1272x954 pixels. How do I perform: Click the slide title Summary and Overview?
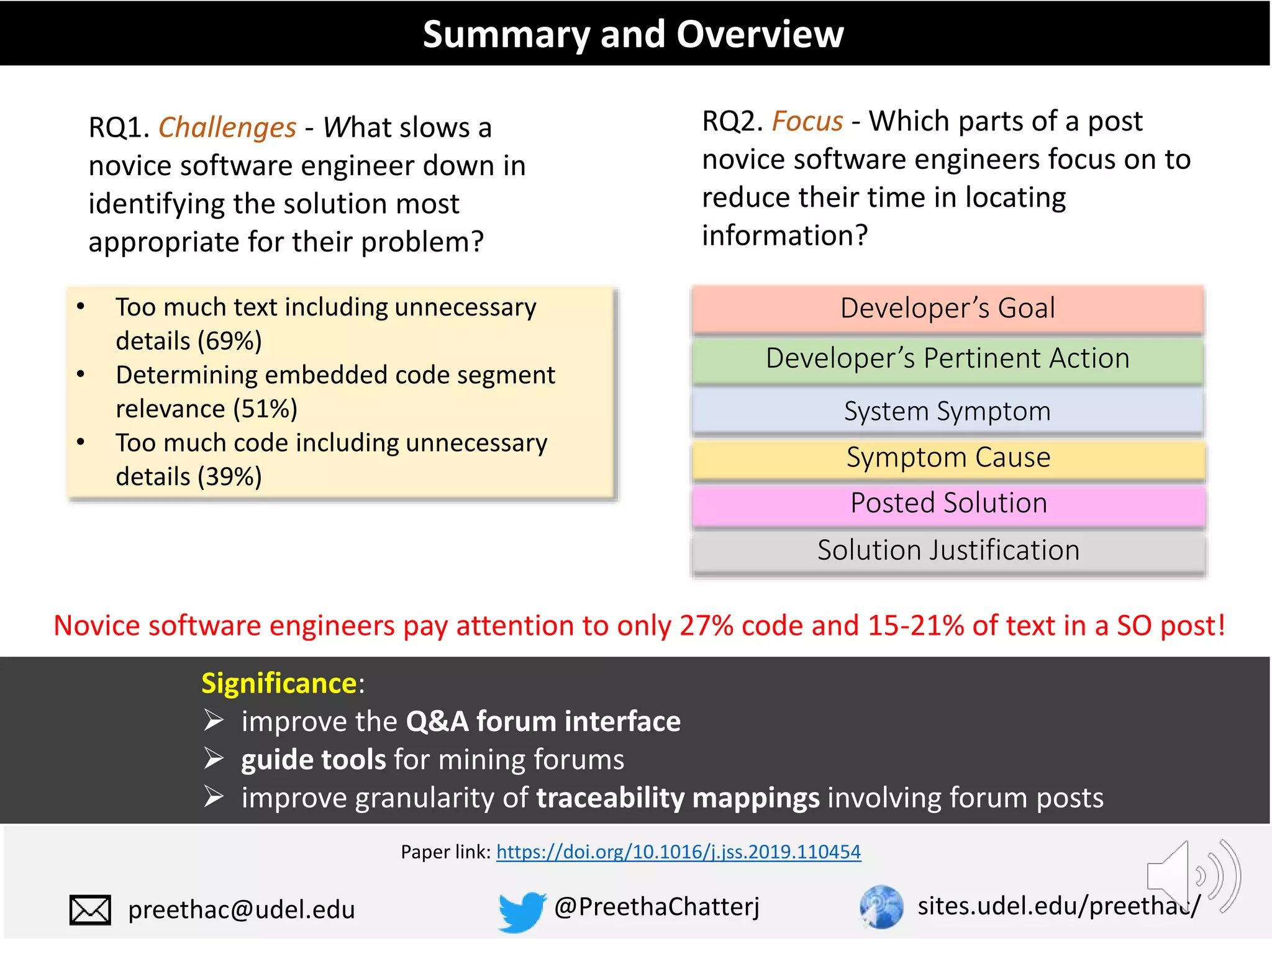[x=633, y=34]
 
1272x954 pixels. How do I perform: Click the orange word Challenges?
[x=227, y=127]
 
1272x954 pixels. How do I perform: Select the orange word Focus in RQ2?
[x=807, y=121]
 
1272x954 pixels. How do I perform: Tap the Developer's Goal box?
[x=948, y=309]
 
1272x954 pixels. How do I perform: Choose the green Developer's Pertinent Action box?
[x=948, y=359]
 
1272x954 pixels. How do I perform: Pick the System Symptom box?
[x=948, y=411]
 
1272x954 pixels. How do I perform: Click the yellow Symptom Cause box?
[x=948, y=458]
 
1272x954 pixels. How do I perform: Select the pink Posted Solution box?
[x=948, y=503]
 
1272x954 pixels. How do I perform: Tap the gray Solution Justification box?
[x=948, y=551]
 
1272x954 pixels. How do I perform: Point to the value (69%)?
[x=230, y=341]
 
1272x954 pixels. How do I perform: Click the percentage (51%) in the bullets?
[x=265, y=409]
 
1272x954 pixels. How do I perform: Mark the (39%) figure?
[x=230, y=476]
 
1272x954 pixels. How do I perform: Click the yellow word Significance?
[x=279, y=683]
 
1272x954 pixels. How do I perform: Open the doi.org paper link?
[x=678, y=852]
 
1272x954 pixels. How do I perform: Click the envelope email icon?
[x=90, y=910]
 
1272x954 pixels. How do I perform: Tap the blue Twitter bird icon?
[x=521, y=911]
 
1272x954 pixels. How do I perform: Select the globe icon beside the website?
[x=881, y=907]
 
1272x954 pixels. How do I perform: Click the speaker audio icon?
[x=1192, y=876]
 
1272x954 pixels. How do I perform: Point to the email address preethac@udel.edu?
[x=242, y=910]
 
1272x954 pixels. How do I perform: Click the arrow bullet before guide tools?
[x=214, y=759]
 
